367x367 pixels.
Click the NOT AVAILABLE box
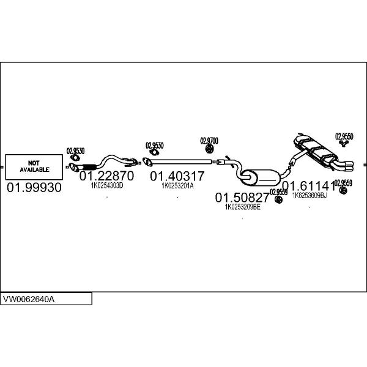(34, 166)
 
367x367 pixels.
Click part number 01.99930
(34, 188)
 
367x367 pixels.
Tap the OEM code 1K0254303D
(106, 185)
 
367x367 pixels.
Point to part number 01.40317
(177, 176)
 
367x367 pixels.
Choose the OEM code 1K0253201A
(177, 185)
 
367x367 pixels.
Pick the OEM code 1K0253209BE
(243, 207)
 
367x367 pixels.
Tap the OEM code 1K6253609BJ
(309, 196)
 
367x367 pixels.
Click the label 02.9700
(209, 140)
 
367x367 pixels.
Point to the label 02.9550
(344, 136)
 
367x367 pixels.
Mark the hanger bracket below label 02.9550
(344, 144)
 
